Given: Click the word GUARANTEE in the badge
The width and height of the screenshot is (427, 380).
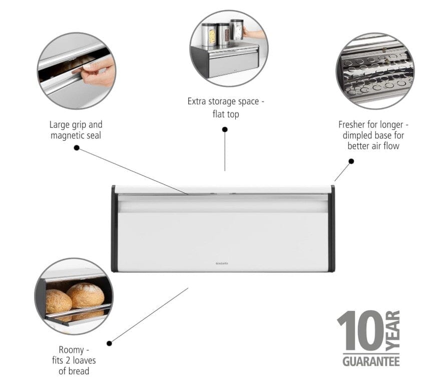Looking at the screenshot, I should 371,360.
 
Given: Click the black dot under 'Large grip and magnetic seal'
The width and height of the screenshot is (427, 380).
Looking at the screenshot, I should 77,148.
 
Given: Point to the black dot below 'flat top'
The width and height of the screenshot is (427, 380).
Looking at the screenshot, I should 225,129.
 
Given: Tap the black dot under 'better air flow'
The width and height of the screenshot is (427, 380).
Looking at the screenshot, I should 351,161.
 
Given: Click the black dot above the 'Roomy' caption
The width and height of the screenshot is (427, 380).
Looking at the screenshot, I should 110,343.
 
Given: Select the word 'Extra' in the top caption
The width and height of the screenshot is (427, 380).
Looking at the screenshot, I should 198,102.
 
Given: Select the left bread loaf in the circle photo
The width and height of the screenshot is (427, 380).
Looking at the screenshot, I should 58,302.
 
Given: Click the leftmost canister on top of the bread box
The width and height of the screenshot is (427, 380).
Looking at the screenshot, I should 209,36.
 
